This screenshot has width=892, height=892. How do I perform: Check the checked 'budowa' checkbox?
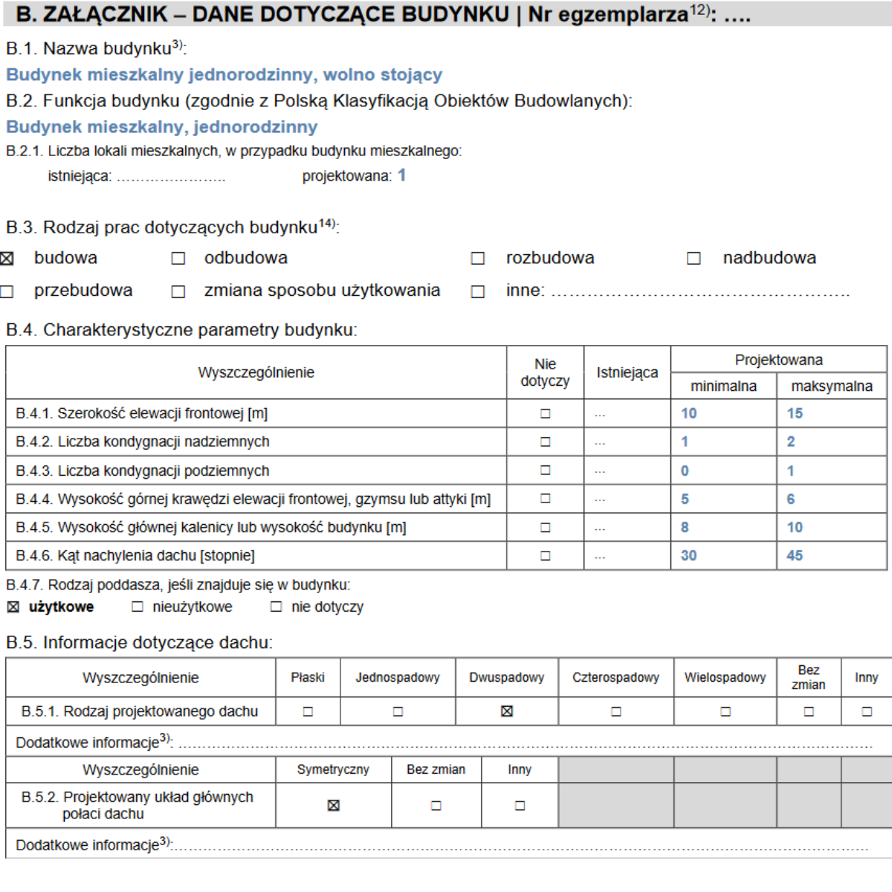point(7,259)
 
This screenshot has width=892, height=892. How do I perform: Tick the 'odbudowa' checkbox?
point(178,259)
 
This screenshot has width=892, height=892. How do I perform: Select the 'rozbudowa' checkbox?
point(478,259)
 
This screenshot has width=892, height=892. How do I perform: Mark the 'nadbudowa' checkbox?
point(694,259)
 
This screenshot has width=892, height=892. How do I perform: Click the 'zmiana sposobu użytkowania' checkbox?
point(178,291)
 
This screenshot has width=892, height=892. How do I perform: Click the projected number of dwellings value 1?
point(401,175)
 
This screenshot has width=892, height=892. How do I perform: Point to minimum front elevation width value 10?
point(689,413)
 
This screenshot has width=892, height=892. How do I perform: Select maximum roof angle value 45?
point(795,555)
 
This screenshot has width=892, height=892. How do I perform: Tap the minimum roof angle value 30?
point(689,555)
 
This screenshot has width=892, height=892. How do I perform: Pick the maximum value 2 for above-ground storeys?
point(791,442)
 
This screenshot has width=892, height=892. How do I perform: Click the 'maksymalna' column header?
point(832,386)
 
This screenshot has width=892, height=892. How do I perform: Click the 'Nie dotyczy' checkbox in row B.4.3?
point(546,471)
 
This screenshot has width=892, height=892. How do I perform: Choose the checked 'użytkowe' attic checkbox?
point(13,607)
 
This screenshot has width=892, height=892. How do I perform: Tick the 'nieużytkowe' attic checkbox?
point(138,607)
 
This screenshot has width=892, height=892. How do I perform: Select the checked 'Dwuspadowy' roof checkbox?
point(507,711)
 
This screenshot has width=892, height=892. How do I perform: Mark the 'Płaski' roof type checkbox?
point(308,711)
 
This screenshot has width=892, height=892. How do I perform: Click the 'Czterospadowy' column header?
point(615,677)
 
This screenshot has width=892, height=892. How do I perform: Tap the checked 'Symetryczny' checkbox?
point(333,805)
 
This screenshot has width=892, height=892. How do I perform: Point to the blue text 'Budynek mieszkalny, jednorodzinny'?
point(162,127)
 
